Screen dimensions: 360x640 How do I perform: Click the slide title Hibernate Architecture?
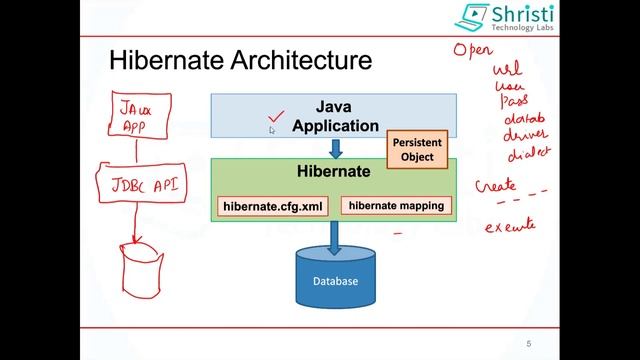pyautogui.click(x=240, y=61)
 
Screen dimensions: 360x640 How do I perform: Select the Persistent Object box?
pyautogui.click(x=417, y=150)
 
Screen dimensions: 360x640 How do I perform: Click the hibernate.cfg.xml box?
pyautogui.click(x=274, y=206)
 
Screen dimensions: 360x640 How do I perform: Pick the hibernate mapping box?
pyautogui.click(x=396, y=205)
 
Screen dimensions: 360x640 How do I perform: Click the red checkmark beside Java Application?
pyautogui.click(x=276, y=119)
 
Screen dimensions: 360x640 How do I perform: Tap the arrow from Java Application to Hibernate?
pyautogui.click(x=335, y=147)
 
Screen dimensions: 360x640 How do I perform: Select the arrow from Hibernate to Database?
pyautogui.click(x=335, y=236)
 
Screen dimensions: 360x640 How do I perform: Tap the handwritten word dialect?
pyautogui.click(x=529, y=154)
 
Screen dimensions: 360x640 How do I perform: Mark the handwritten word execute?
pyautogui.click(x=510, y=226)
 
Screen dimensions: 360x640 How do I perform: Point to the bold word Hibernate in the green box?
pyautogui.click(x=334, y=171)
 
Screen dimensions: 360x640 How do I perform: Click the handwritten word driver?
pyautogui.click(x=527, y=134)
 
